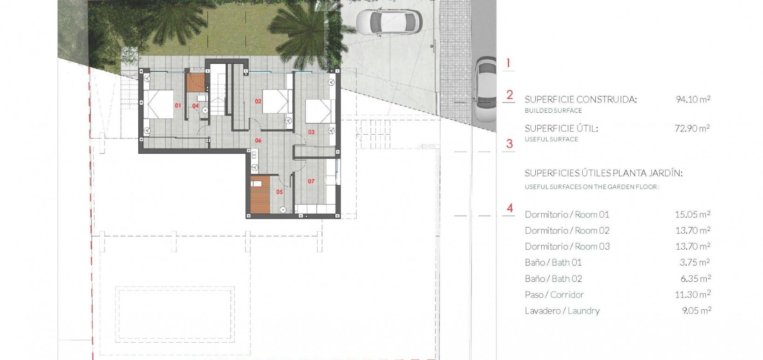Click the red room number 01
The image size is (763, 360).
tap(177, 106)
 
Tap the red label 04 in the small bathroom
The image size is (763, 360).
tap(196, 106)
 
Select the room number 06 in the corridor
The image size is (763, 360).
tap(258, 141)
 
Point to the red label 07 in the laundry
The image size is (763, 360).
tap(311, 182)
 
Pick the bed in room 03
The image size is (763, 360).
tap(319, 112)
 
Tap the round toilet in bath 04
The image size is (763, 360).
tap(204, 110)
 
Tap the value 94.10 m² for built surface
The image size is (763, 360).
tap(693, 99)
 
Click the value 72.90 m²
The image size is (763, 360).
tap(692, 128)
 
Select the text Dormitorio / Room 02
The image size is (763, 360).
tap(567, 231)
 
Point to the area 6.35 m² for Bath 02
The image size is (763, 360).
tap(695, 278)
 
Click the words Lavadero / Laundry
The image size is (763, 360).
tap(562, 311)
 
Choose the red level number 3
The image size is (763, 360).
tap(510, 144)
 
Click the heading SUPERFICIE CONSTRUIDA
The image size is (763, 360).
tap(580, 99)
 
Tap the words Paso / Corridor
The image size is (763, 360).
tap(554, 295)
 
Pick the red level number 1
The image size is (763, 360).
tap(509, 63)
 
